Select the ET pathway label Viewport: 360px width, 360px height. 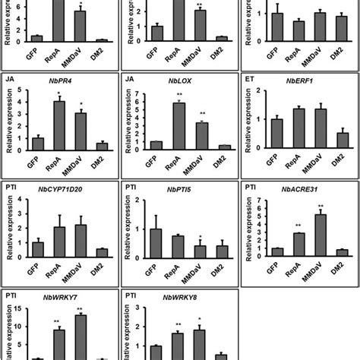click(x=248, y=77)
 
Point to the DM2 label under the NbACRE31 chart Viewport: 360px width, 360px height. click(x=342, y=273)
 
